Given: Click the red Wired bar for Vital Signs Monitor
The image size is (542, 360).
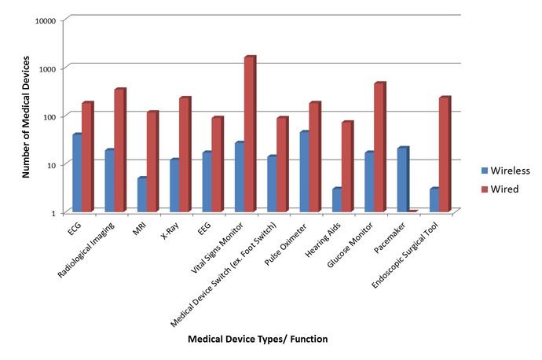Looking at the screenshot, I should click(x=249, y=134).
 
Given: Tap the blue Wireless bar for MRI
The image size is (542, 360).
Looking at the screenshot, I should click(x=141, y=194).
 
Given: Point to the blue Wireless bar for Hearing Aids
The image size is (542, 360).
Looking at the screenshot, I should click(x=336, y=200).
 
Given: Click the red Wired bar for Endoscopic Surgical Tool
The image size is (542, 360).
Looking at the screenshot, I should click(x=445, y=154).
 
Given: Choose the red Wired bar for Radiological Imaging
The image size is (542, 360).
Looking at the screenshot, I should click(x=119, y=150).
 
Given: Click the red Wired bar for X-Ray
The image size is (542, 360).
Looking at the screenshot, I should click(x=185, y=154).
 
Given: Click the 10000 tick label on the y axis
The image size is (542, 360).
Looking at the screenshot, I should click(x=45, y=20).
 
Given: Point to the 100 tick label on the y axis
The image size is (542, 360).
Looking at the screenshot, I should click(x=49, y=116).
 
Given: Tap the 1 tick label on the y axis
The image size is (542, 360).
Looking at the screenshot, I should click(x=53, y=213).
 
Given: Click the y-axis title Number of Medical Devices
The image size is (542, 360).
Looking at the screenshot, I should click(x=25, y=116).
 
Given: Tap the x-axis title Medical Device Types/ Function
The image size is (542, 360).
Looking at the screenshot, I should click(x=258, y=340).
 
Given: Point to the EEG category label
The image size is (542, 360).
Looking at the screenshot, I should click(x=203, y=231).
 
